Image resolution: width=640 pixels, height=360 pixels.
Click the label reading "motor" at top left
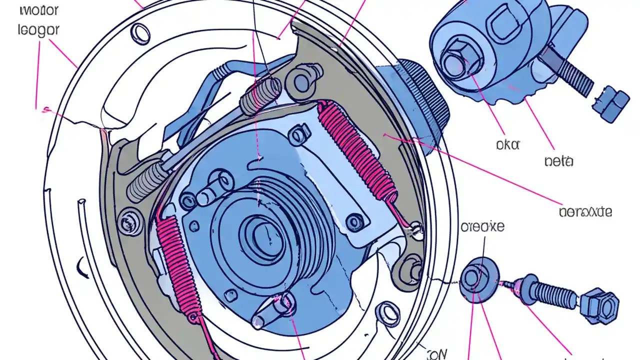(x=39, y=9)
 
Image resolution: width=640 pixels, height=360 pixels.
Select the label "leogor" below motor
(x=38, y=29)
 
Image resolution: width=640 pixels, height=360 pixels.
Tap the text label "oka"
(x=507, y=144)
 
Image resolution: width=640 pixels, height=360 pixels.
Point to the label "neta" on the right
(x=558, y=161)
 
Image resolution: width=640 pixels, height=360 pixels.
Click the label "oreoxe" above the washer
(x=482, y=226)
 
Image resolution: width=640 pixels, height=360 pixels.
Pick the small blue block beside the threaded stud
(x=610, y=103)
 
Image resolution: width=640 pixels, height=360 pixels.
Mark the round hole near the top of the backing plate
(x=140, y=33)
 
